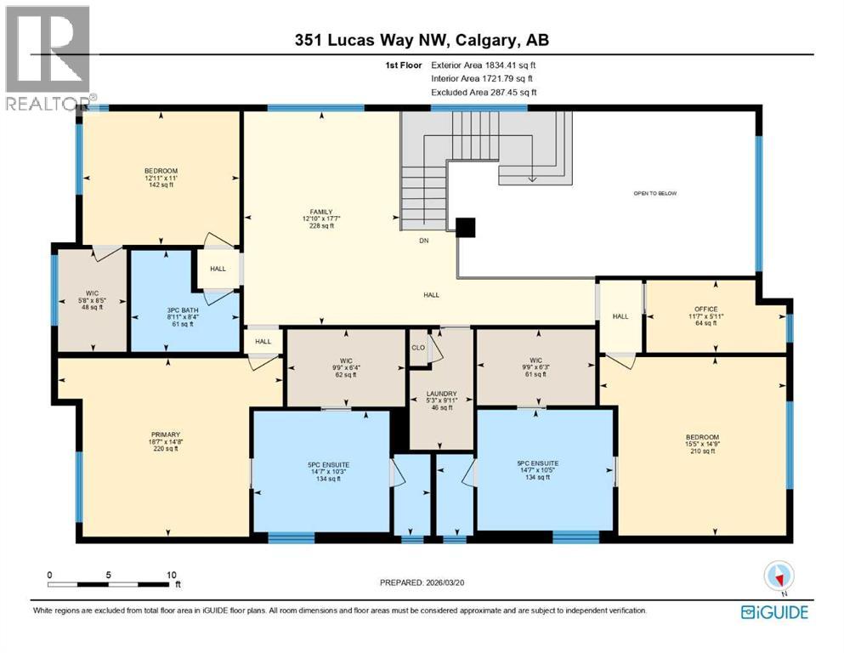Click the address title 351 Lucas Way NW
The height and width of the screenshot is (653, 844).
point(422,41)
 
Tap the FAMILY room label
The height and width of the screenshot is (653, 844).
point(320,212)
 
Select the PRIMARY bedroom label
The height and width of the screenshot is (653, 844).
point(167,434)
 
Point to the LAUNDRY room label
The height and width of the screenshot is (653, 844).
point(440,394)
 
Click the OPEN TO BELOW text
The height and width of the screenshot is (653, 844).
point(654,193)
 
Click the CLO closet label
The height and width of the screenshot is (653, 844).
point(417,347)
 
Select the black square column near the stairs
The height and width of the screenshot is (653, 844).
point(465,227)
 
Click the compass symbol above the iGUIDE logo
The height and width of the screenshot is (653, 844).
point(778,577)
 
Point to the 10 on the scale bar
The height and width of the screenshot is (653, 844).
point(173,575)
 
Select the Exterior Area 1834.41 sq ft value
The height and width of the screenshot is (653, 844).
point(484,64)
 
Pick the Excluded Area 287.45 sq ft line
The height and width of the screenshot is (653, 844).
point(484,92)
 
